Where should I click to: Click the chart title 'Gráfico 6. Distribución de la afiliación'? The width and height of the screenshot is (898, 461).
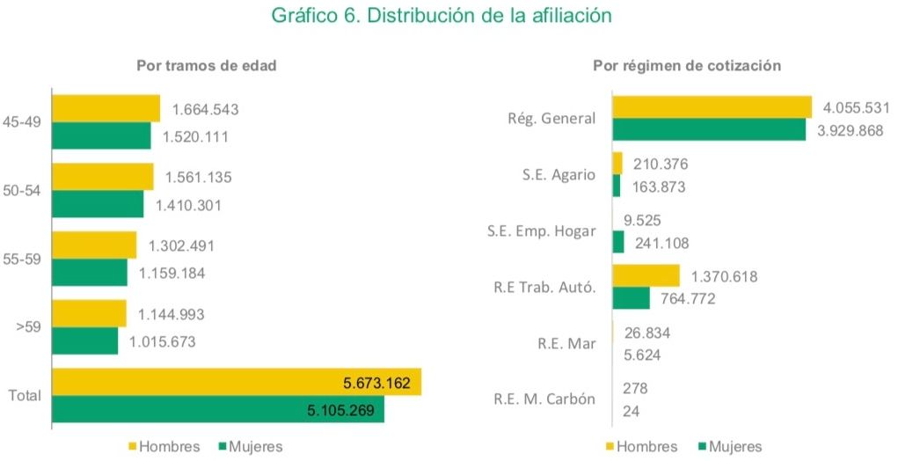tap(454, 16)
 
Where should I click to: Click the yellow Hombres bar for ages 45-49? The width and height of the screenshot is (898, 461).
tap(106, 108)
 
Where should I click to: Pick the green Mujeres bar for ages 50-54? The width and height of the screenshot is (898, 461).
tap(97, 204)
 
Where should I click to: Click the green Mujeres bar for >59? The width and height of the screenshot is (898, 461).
tap(84, 341)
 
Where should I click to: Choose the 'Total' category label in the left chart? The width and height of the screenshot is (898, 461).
tap(25, 396)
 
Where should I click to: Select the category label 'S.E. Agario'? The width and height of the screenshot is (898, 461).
tap(558, 175)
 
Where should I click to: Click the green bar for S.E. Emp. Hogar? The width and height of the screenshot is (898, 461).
tap(617, 242)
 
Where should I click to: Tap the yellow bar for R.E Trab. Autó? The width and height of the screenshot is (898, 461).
tap(646, 275)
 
